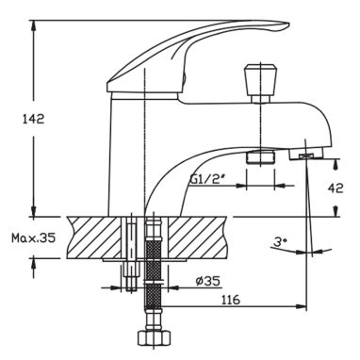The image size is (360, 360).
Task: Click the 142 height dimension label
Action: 33,119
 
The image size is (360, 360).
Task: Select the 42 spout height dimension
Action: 335,188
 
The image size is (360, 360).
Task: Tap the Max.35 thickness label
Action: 34,237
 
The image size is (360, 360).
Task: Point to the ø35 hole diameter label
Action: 207,281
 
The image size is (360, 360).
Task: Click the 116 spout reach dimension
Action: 231,300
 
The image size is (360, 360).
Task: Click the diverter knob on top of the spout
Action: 261,80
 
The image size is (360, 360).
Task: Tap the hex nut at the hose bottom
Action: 155,338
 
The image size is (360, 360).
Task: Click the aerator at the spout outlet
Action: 306,155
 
